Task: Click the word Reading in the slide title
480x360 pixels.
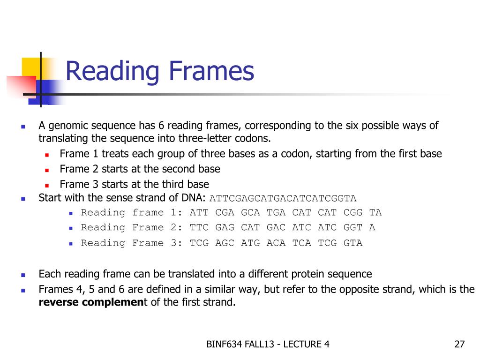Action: (x=112, y=72)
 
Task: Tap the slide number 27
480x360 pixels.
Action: (x=459, y=345)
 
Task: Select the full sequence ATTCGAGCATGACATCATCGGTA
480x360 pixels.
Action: (x=283, y=198)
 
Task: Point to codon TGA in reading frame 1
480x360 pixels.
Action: (x=276, y=212)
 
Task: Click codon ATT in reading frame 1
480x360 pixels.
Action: (x=199, y=212)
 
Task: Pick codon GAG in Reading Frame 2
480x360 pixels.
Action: (x=225, y=227)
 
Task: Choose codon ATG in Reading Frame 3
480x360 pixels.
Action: (x=250, y=243)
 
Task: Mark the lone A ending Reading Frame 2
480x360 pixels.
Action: (x=372, y=227)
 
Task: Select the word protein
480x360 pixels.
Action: (x=308, y=274)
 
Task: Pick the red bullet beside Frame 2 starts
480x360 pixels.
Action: (x=47, y=169)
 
